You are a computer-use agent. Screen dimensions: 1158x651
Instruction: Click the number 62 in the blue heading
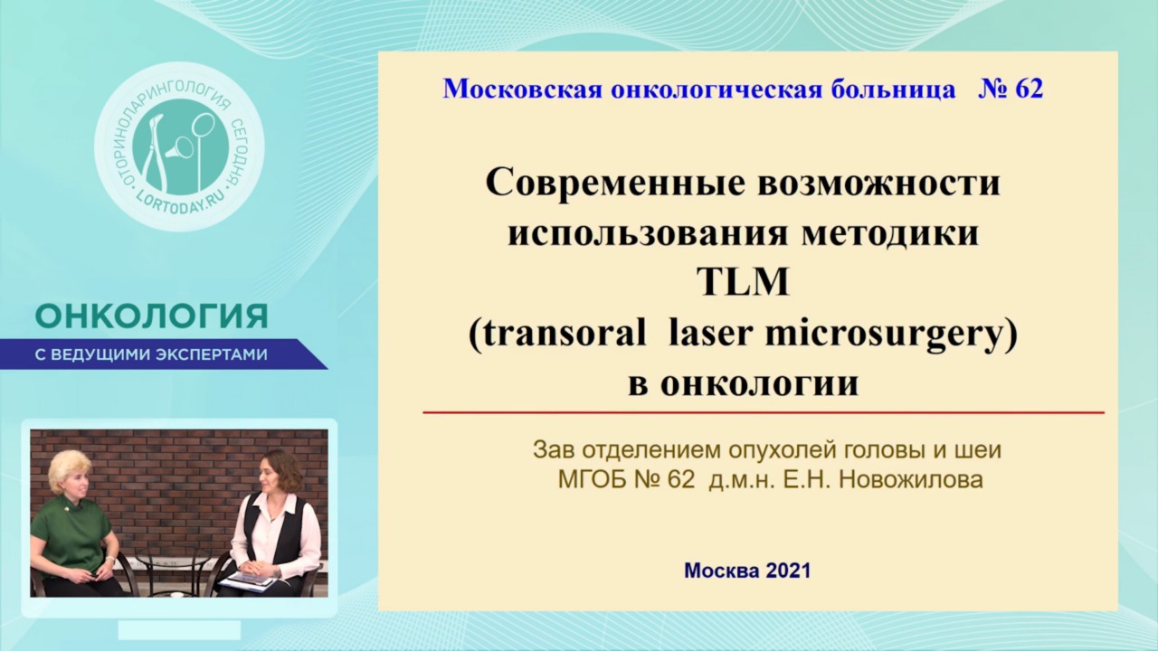pos(1030,89)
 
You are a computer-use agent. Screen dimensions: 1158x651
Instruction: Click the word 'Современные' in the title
pos(617,184)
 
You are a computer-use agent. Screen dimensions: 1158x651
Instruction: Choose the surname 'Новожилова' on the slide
pos(910,480)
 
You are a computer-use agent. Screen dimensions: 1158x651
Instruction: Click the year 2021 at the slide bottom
pos(788,571)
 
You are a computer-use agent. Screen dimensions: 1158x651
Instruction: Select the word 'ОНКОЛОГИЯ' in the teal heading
pos(151,316)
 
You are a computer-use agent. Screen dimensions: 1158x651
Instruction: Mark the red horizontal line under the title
pos(764,413)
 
